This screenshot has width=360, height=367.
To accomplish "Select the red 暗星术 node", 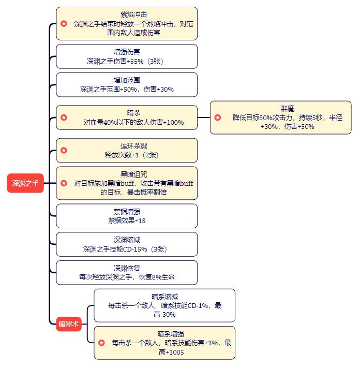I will pyautogui.click(x=69, y=325).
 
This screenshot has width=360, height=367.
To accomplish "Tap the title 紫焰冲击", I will pyautogui.click(x=126, y=14).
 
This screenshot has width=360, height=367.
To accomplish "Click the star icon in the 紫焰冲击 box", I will pyautogui.click(x=64, y=23).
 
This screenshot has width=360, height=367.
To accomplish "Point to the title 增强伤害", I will pyautogui.click(x=126, y=52).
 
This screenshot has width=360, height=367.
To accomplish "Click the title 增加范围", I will pyautogui.click(x=126, y=80).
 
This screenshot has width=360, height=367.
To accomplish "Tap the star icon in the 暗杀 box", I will pyautogui.click(x=64, y=118).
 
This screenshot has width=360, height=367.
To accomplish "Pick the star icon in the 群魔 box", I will pyautogui.click(x=218, y=118).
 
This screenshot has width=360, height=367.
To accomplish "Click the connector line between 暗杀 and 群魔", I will pyautogui.click(x=204, y=118).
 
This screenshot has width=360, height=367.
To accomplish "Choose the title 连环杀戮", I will pyautogui.click(x=126, y=146).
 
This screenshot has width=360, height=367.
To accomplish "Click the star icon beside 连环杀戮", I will pyautogui.click(x=64, y=150).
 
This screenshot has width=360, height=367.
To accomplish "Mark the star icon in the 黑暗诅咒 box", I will pyautogui.click(x=64, y=183).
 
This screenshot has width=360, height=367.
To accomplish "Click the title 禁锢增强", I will pyautogui.click(x=126, y=212).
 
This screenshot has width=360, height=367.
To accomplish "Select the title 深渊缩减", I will pyautogui.click(x=126, y=240).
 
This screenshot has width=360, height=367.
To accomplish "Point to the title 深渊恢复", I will pyautogui.click(x=126, y=268).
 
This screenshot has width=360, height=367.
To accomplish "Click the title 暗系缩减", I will pyautogui.click(x=164, y=297).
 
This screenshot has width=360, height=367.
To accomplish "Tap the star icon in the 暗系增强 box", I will pyautogui.click(x=101, y=343).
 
